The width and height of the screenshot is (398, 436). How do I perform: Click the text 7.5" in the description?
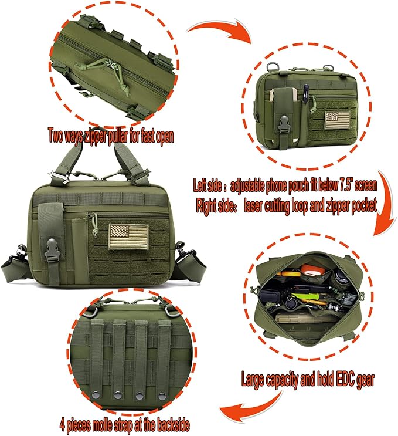click(x=346, y=184)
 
